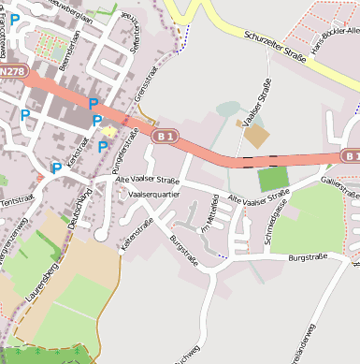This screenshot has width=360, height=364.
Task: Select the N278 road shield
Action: tap(12, 70)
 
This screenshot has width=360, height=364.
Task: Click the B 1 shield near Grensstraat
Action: tap(166, 137)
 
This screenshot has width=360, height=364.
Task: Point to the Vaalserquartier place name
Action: tap(153, 194)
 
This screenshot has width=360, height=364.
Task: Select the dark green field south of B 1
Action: tap(272, 179)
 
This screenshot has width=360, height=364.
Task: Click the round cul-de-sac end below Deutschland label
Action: tap(101, 235)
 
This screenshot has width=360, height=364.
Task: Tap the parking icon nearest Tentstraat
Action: tap(56, 168)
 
